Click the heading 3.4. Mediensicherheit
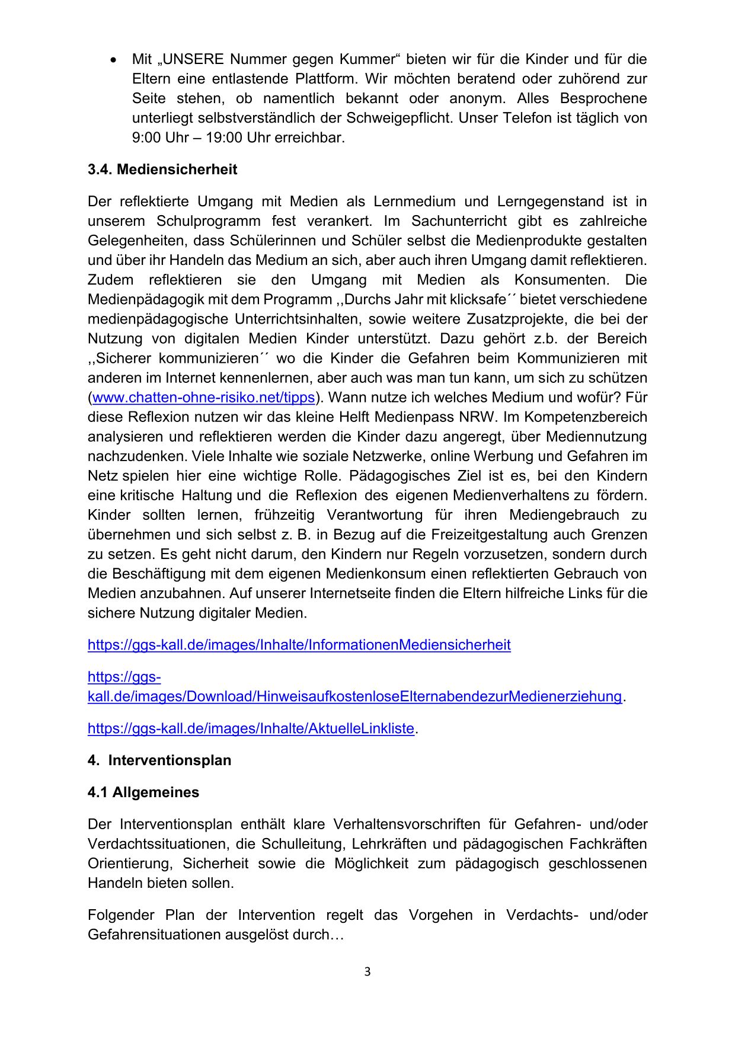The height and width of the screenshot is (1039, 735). [162, 170]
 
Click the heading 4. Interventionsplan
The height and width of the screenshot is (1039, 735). [159, 760]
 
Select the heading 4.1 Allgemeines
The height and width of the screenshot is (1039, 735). [143, 792]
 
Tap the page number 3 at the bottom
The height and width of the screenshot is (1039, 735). [367, 971]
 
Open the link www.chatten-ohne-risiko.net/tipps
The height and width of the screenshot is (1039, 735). [204, 398]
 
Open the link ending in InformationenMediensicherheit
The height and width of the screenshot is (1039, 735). [299, 645]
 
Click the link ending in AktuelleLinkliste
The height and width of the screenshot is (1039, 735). [251, 728]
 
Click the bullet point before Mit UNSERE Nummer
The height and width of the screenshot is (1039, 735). [114, 60]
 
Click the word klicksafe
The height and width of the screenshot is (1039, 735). [477, 299]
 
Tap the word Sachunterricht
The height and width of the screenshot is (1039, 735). [459, 221]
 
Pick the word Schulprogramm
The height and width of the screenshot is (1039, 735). [208, 221]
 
